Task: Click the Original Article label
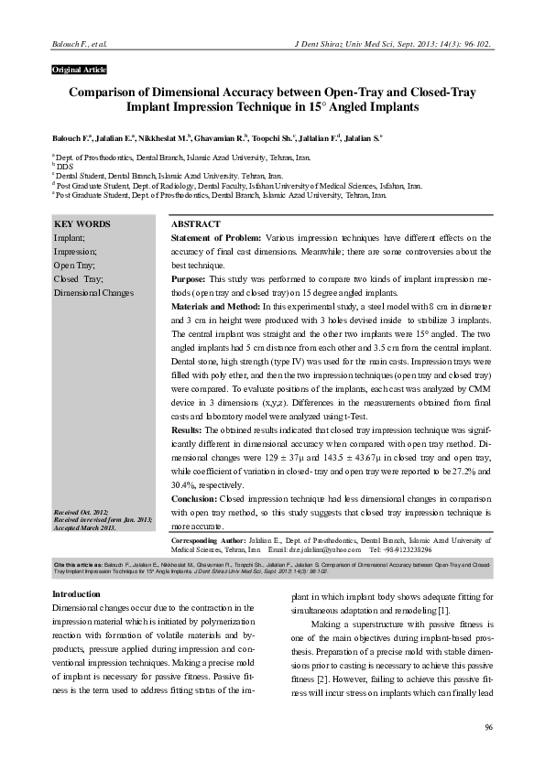pyautogui.click(x=80, y=71)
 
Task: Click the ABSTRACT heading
pyautogui.click(x=195, y=224)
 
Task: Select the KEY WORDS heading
pyautogui.click(x=82, y=224)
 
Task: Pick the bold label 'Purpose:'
pyautogui.click(x=190, y=278)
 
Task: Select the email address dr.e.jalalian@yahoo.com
pyautogui.click(x=326, y=550)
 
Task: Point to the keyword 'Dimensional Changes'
pyautogui.click(x=94, y=292)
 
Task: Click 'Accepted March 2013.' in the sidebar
pyautogui.click(x=85, y=528)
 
